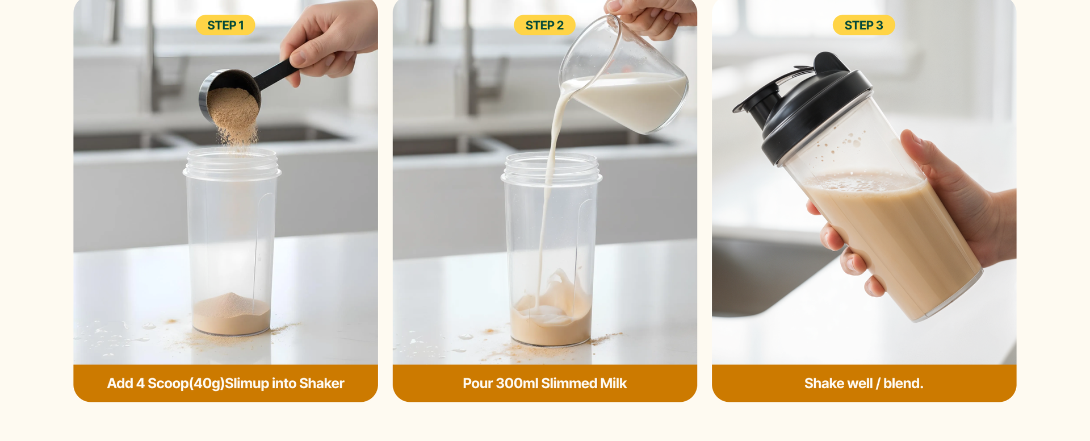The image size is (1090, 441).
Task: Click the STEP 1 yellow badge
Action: click(225, 25)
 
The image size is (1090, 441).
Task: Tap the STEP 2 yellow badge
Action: click(544, 25)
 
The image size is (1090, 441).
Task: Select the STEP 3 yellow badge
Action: click(863, 25)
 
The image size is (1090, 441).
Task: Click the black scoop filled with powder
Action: click(238, 91)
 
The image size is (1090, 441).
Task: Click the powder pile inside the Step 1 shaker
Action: click(231, 313)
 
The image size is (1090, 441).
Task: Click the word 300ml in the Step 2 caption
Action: click(517, 384)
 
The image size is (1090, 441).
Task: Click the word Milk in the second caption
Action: click(614, 384)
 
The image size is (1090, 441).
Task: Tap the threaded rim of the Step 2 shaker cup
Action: click(551, 168)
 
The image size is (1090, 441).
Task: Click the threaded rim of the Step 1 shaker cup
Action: click(232, 163)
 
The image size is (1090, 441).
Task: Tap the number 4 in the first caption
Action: click(140, 384)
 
